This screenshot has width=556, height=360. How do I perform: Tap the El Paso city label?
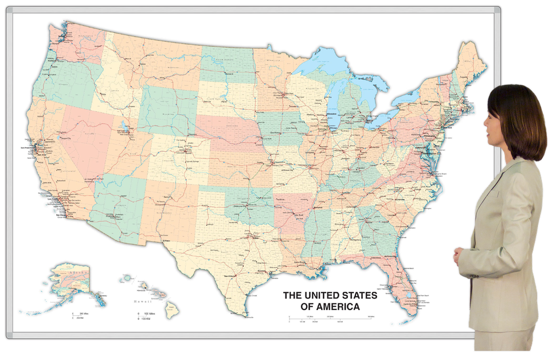(166, 241)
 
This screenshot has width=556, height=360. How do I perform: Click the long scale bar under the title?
(329, 319)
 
